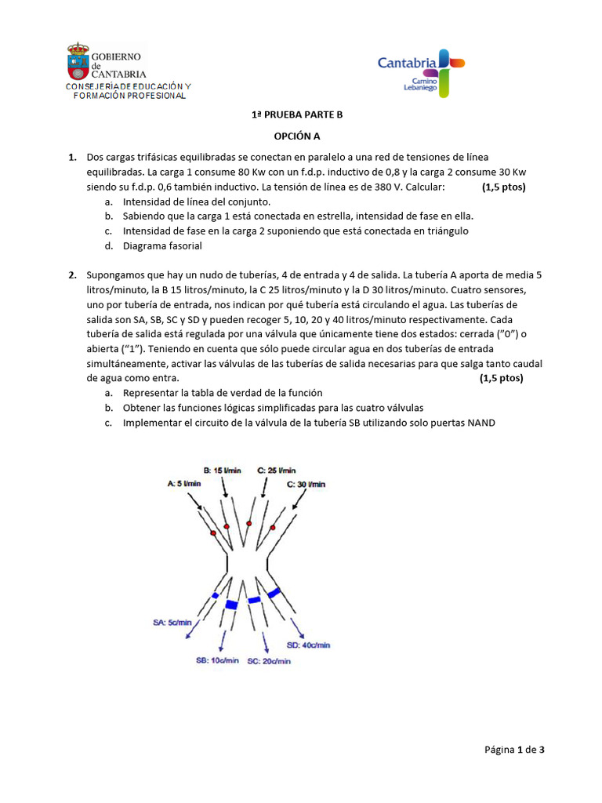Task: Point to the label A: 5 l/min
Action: click(184, 484)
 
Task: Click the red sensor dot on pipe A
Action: click(212, 532)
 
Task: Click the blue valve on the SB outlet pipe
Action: click(231, 605)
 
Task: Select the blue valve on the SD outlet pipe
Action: click(274, 594)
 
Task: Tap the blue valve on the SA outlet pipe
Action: click(215, 596)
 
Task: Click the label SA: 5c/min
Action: click(172, 623)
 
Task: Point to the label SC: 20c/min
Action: click(269, 661)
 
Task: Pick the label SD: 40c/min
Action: click(308, 645)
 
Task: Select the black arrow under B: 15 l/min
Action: click(226, 489)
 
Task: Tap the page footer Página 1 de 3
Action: click(514, 750)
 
